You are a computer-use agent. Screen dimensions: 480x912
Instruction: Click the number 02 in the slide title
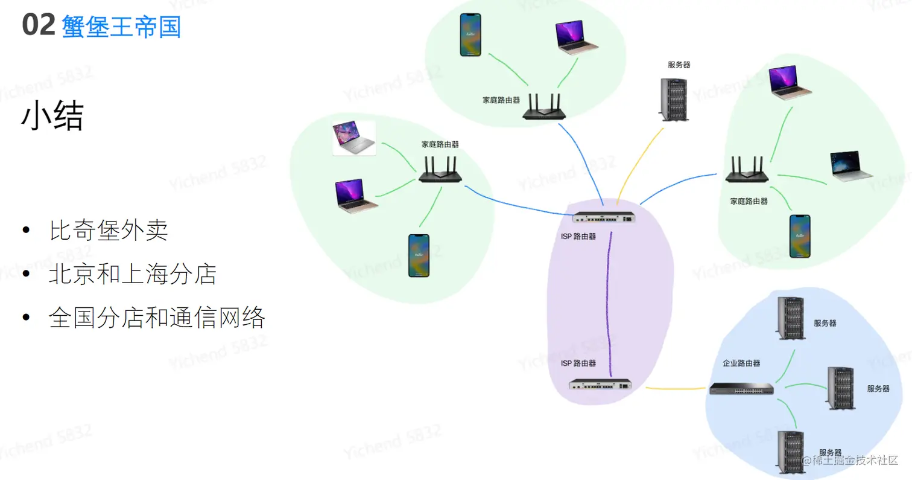[39, 26]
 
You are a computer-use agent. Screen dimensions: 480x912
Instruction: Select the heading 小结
[52, 117]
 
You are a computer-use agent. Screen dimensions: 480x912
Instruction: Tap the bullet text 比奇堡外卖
[109, 231]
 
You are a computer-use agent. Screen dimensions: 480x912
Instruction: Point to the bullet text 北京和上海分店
[132, 275]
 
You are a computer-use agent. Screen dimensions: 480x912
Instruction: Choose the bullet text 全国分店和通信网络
[157, 318]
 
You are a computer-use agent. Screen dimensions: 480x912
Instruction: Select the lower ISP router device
[601, 384]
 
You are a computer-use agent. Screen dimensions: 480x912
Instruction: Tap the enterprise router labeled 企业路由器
[741, 389]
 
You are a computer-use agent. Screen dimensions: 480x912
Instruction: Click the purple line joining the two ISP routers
[610, 302]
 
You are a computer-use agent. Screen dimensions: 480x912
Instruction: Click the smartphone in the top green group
[470, 35]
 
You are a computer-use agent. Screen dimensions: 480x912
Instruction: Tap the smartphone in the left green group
[419, 255]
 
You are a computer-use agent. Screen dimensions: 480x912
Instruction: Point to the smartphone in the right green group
[800, 236]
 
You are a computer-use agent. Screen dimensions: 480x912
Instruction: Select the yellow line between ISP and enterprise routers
[676, 388]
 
